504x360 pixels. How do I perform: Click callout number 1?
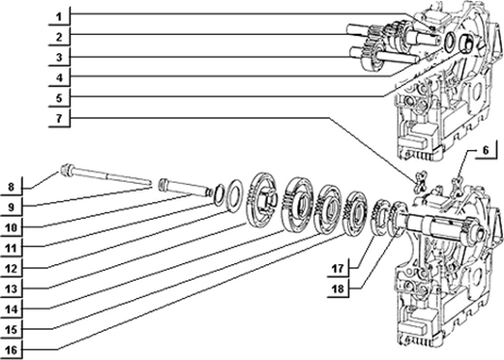59,16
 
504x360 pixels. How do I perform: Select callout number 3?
59,58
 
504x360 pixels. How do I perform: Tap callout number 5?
59,98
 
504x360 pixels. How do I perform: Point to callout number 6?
487,150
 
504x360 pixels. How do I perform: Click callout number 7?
59,118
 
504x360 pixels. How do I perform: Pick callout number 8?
11,187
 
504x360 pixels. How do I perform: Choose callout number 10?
11,227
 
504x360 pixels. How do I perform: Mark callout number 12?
11,269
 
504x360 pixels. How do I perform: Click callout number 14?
11,310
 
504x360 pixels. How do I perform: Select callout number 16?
11,350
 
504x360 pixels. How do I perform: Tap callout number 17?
339,268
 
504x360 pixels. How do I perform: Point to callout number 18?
339,289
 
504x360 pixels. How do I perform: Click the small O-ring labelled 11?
218,195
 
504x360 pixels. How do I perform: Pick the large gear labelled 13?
262,201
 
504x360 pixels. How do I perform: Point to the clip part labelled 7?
421,181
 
